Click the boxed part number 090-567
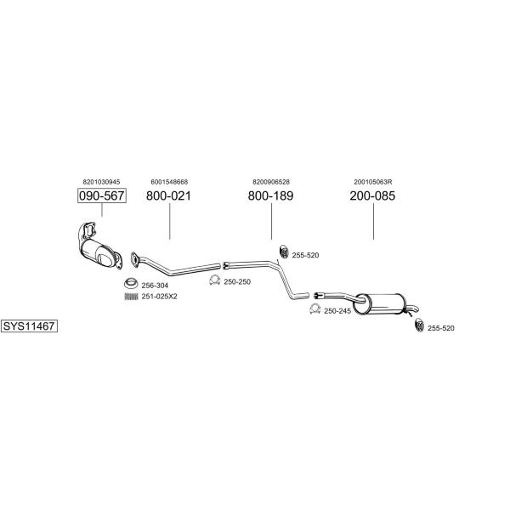click(x=102, y=196)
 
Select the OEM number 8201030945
click(x=102, y=182)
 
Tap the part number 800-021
click(x=169, y=196)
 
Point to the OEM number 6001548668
click(x=169, y=182)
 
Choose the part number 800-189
click(x=271, y=196)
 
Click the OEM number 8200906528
click(x=271, y=182)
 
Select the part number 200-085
click(x=372, y=196)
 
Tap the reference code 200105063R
click(x=372, y=182)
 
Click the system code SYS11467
click(x=29, y=326)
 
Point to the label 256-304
click(x=155, y=285)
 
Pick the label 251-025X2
click(x=159, y=296)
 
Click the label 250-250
click(x=237, y=281)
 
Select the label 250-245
click(x=337, y=311)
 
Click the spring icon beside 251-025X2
click(x=131, y=296)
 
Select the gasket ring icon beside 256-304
click(x=131, y=283)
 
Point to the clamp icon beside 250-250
click(x=215, y=280)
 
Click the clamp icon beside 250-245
click(x=315, y=310)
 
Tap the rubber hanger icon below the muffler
click(x=419, y=326)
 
